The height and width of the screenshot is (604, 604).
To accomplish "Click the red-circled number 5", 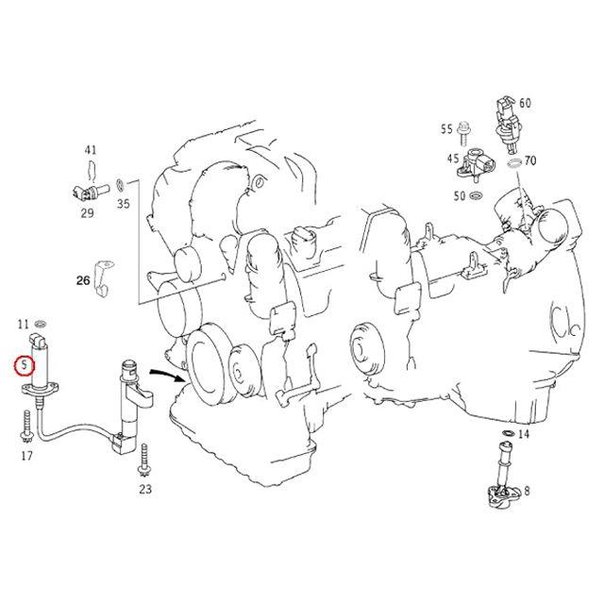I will click(23, 363).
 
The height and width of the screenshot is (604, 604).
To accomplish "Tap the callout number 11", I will click(25, 325).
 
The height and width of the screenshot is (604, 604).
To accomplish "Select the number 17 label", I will click(26, 457).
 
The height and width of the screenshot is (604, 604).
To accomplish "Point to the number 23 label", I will click(144, 489).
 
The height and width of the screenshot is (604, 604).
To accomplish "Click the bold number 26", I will click(83, 280).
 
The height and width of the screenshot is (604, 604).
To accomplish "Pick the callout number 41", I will click(91, 150).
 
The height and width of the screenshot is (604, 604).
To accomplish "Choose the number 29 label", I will click(87, 213).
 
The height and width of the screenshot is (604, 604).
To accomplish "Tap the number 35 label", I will click(123, 202).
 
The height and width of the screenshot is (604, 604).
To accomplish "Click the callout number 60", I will click(525, 103).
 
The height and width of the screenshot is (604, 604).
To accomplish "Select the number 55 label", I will click(446, 127).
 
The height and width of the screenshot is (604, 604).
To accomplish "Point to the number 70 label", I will click(530, 161).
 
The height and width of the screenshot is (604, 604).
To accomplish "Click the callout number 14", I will click(524, 434).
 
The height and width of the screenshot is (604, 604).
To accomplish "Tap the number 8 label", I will click(527, 491).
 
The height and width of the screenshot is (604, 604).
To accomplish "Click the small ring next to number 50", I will click(476, 196).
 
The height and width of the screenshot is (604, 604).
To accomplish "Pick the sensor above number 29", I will click(82, 194).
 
